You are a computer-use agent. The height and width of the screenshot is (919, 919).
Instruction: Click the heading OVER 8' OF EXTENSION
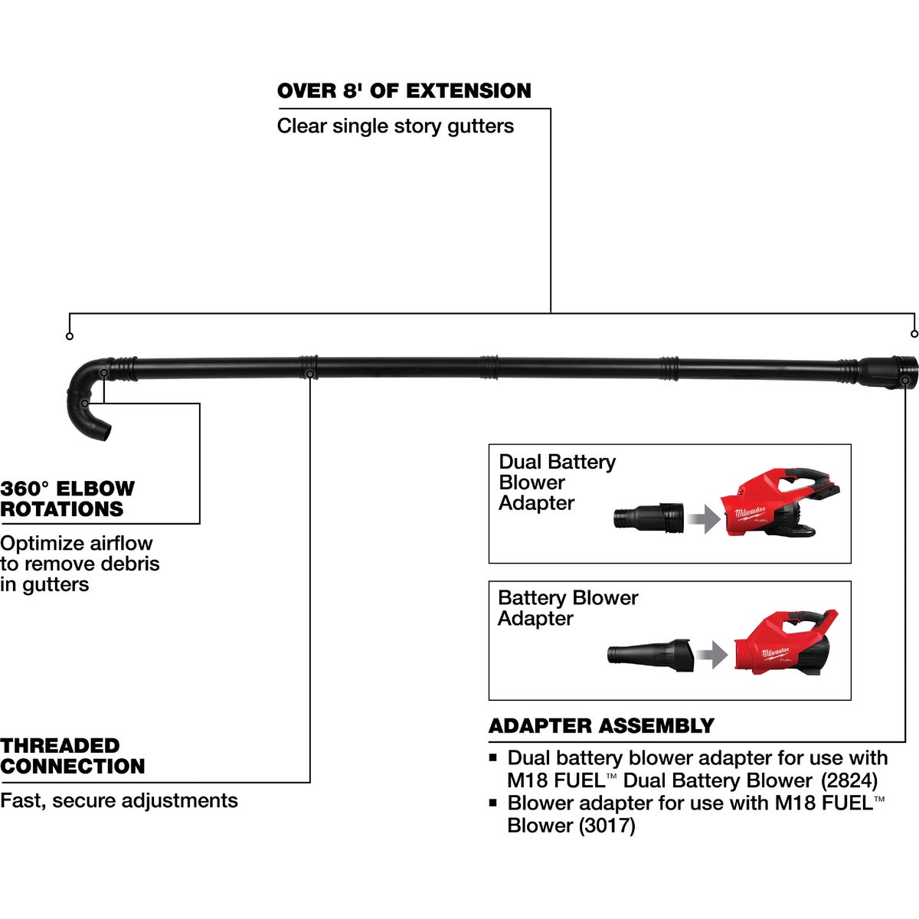404,91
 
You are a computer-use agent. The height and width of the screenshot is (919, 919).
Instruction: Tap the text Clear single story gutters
395,126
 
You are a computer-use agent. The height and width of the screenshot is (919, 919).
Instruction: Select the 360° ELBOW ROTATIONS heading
67,499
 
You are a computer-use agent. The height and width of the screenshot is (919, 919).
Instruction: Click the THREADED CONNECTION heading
73,756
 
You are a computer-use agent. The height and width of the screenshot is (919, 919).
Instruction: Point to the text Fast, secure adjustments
119,801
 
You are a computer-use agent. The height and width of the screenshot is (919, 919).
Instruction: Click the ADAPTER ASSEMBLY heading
601,726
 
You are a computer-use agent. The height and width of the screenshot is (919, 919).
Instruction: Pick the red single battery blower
781,644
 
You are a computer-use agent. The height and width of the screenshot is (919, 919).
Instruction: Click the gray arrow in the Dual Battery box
704,520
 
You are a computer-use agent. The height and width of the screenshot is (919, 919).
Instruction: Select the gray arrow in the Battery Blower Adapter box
714,655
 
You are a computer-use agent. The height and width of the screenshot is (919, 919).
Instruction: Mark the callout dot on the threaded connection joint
309,374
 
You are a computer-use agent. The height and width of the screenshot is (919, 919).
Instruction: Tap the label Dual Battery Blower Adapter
557,482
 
